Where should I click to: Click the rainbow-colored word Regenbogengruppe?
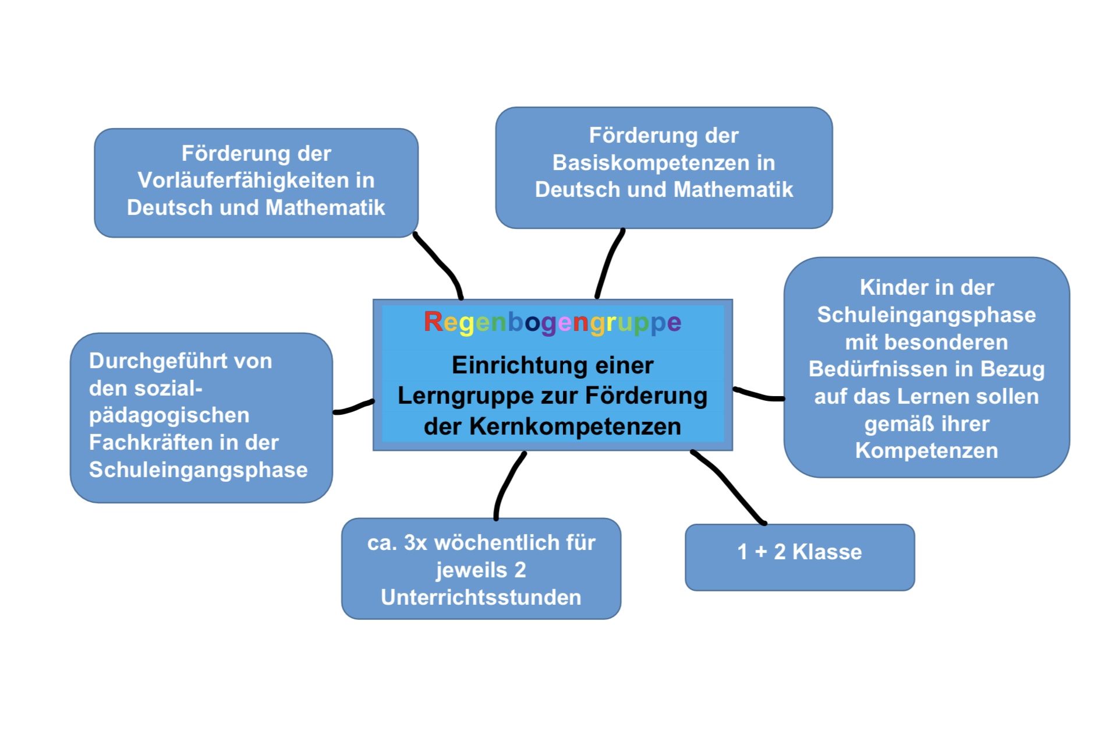[x=552, y=322]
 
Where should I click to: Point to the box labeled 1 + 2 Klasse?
[x=799, y=557]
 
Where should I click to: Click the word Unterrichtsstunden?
[x=481, y=597]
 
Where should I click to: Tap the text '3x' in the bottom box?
[x=416, y=543]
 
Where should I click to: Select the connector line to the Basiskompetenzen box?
[x=609, y=262]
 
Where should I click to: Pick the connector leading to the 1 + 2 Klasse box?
[x=727, y=486]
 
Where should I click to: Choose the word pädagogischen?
[x=169, y=415]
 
